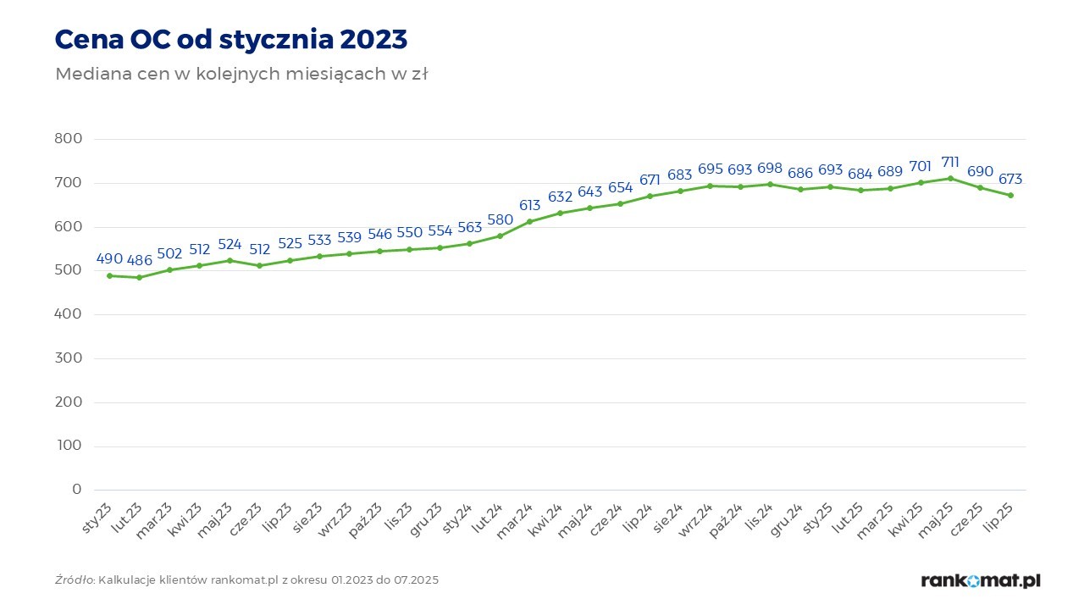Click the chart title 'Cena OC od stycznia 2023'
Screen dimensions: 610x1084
(231, 39)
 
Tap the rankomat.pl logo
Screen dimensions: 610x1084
(981, 580)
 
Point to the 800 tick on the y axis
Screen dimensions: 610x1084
(68, 139)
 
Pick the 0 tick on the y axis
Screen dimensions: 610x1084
(77, 490)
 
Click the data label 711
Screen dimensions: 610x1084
(951, 162)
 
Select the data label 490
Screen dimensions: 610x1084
(110, 258)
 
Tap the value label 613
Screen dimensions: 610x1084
(530, 205)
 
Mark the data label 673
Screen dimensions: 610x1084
(1010, 179)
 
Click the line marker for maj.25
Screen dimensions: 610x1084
(951, 178)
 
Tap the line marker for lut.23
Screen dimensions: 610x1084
(140, 277)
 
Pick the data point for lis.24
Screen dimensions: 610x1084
(770, 184)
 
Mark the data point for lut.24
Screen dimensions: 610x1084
(500, 236)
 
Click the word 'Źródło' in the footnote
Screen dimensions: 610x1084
(75, 580)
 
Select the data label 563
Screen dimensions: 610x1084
(470, 227)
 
